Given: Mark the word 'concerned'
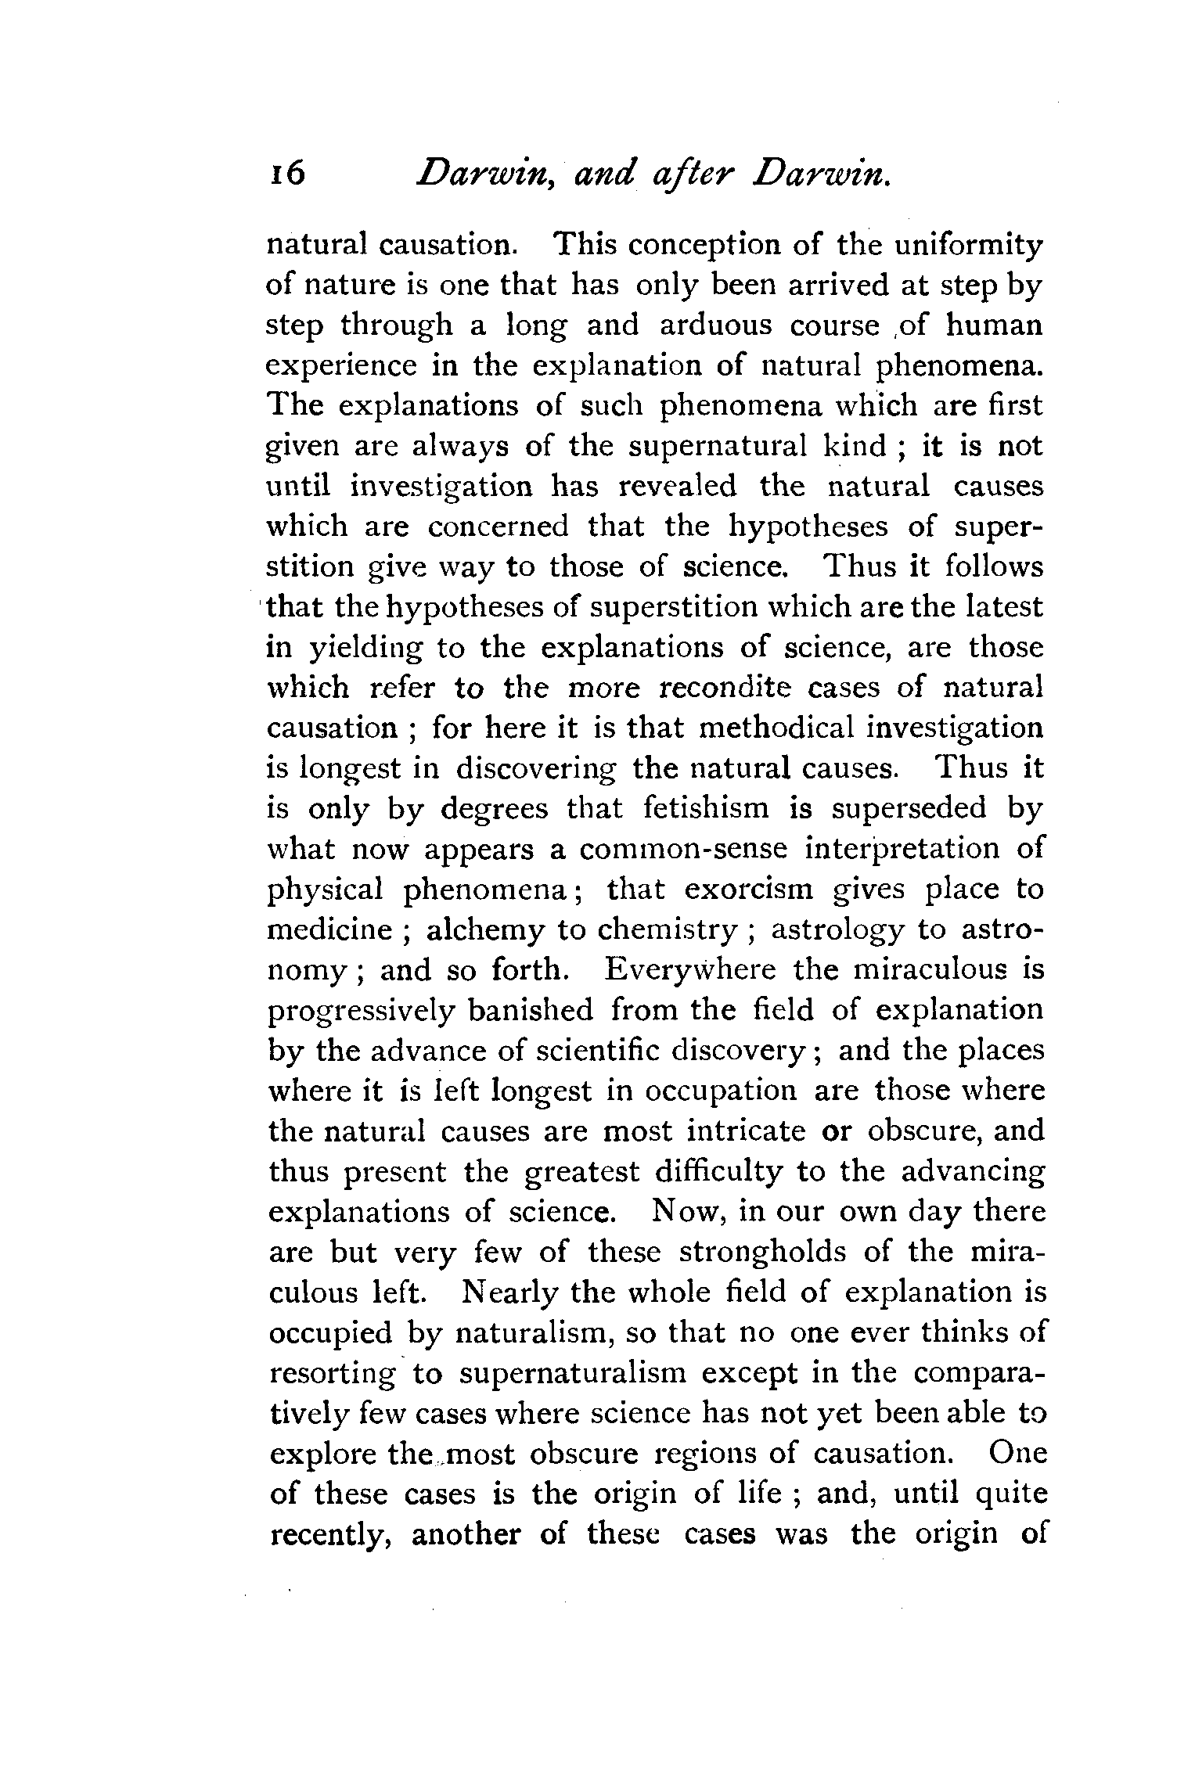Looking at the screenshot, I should pos(499,527).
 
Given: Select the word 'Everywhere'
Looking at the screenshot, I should pos(690,970).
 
